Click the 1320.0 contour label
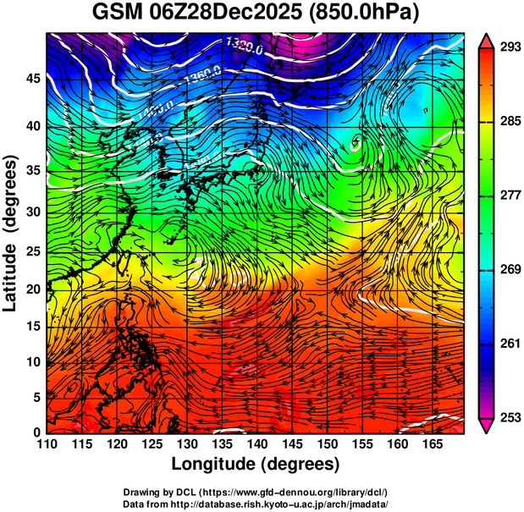click(x=245, y=46)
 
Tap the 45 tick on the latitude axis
click(x=31, y=78)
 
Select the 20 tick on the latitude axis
click(x=31, y=288)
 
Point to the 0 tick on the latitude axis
click(x=36, y=432)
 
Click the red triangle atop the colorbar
click(x=488, y=39)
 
